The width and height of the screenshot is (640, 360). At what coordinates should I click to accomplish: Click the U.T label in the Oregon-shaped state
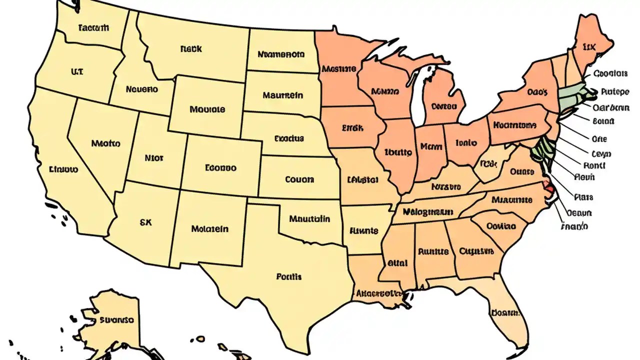(x=77, y=72)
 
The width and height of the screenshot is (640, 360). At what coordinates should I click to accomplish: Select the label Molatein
(x=209, y=229)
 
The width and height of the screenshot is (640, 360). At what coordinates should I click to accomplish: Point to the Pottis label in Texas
(x=288, y=276)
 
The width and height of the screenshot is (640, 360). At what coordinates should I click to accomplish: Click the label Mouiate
(x=207, y=109)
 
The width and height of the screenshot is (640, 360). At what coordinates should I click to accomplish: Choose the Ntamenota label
(x=280, y=54)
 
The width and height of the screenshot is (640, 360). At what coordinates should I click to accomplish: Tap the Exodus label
(x=289, y=138)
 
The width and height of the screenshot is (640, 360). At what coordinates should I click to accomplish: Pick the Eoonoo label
(x=220, y=168)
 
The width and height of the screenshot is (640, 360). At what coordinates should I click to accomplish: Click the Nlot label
(x=153, y=158)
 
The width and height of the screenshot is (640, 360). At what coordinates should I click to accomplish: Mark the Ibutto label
(x=398, y=151)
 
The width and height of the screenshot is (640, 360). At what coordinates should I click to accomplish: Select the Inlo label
(x=466, y=143)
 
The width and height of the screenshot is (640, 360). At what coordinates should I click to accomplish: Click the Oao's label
(x=537, y=92)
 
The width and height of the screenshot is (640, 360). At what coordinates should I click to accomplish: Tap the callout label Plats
(x=583, y=197)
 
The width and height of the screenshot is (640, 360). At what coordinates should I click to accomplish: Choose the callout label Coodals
(x=610, y=73)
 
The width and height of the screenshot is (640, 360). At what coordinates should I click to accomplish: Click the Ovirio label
(x=500, y=226)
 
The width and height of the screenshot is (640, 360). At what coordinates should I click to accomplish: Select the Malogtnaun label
(x=427, y=212)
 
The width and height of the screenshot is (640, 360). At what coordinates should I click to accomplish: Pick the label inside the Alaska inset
(x=116, y=319)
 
